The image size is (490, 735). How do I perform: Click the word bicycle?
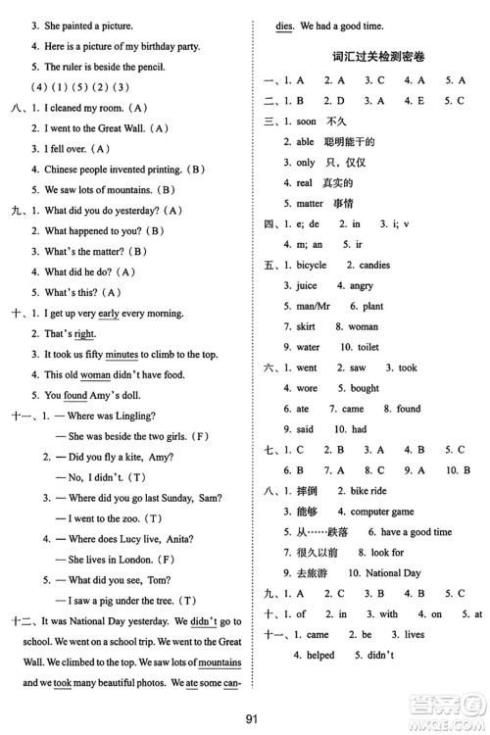pyautogui.click(x=313, y=265)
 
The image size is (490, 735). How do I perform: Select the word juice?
pyautogui.click(x=307, y=285)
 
